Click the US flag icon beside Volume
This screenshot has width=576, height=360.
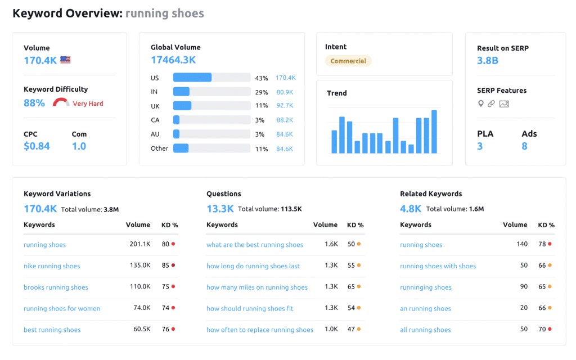click(x=65, y=60)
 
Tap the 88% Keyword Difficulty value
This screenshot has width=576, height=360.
click(x=34, y=103)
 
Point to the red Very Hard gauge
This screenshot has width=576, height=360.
click(x=61, y=103)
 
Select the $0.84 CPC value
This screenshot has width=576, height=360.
click(x=37, y=146)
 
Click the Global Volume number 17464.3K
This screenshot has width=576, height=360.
click(x=173, y=60)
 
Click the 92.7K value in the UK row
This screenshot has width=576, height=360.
click(x=285, y=105)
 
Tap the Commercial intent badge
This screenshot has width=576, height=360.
click(x=348, y=61)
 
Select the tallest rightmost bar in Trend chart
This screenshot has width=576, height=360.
click(x=434, y=132)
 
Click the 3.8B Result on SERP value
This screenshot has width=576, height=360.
click(x=488, y=60)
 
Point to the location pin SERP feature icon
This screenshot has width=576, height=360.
click(x=480, y=103)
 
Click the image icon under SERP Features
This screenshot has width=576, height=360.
click(x=503, y=103)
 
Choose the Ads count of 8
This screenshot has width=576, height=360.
click(x=524, y=146)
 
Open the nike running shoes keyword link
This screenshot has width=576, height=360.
click(x=52, y=266)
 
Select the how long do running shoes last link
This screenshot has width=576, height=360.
click(x=253, y=266)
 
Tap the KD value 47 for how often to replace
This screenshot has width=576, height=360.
click(x=351, y=330)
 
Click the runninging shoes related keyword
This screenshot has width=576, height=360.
click(x=426, y=287)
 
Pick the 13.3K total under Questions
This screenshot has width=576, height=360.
click(x=220, y=209)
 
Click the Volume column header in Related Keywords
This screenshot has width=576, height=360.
click(x=515, y=224)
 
